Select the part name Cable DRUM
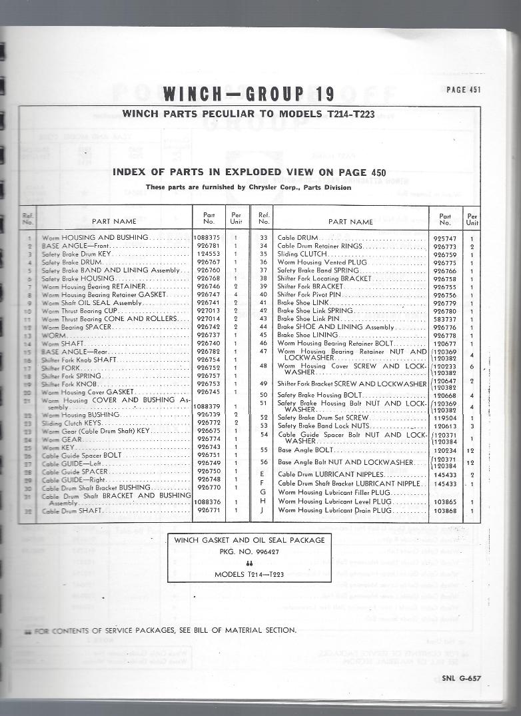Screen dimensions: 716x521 [x=298, y=238]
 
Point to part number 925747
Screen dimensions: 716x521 [x=444, y=238]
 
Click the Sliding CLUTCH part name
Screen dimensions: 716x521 [x=302, y=254]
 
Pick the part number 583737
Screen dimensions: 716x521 [x=444, y=319]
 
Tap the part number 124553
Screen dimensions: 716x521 [x=209, y=254]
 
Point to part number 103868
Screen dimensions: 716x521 [x=444, y=510]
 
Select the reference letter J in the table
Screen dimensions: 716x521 [x=263, y=510]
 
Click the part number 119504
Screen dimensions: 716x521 [x=444, y=417]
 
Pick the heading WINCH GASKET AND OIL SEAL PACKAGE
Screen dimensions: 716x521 [x=250, y=540]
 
